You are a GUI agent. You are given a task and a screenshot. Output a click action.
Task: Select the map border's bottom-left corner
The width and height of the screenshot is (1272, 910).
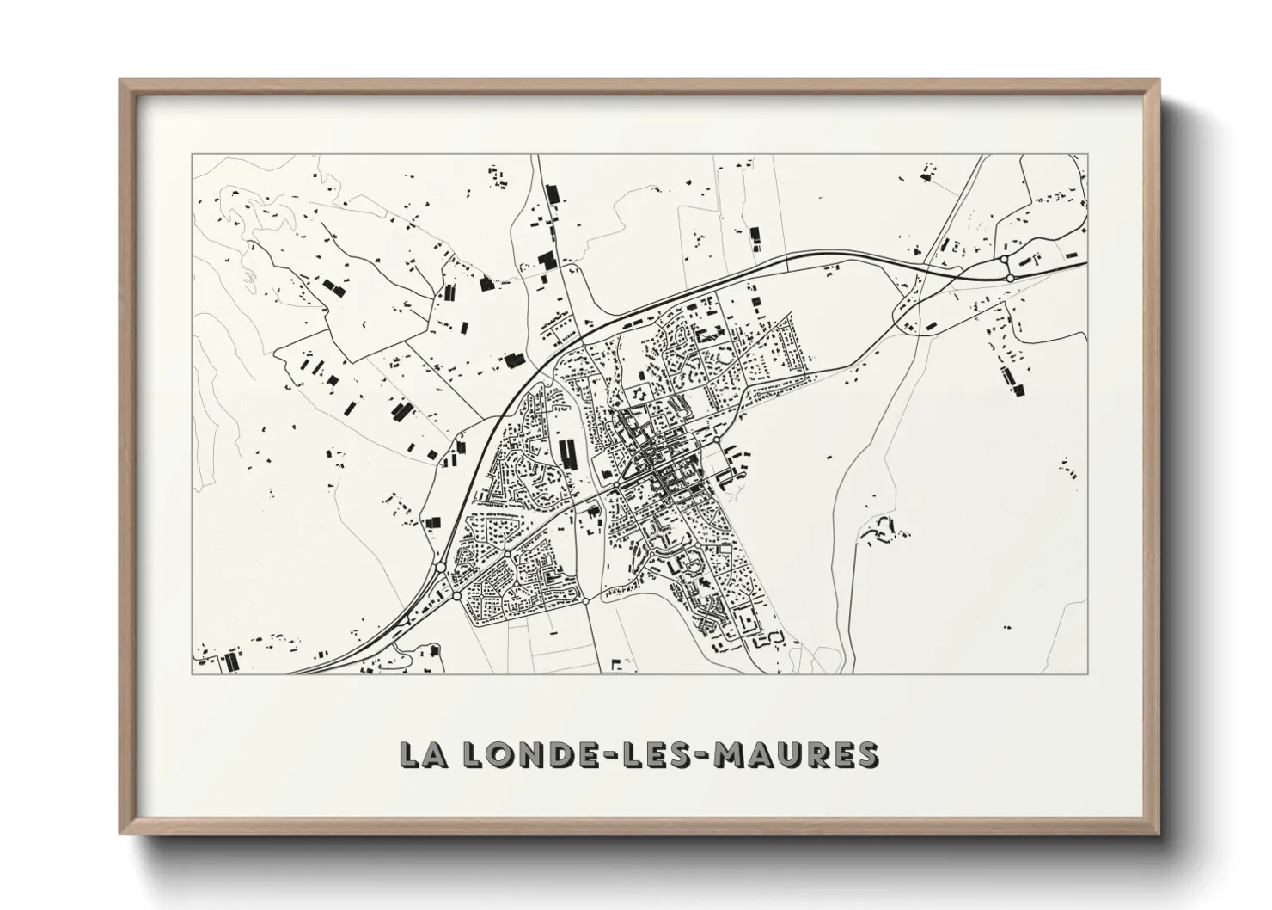(x=192, y=673)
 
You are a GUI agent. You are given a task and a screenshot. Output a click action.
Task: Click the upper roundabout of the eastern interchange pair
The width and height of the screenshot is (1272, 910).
(x=1004, y=259)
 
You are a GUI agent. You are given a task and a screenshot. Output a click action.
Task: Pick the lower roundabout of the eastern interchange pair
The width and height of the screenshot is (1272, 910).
(x=1011, y=278)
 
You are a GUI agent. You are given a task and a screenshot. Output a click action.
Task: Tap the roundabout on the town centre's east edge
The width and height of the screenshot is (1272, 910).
(x=716, y=441)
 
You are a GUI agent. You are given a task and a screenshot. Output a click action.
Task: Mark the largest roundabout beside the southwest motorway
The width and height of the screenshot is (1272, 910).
(x=440, y=568)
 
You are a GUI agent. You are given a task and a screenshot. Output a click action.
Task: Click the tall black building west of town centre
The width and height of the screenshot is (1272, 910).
(x=567, y=452)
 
